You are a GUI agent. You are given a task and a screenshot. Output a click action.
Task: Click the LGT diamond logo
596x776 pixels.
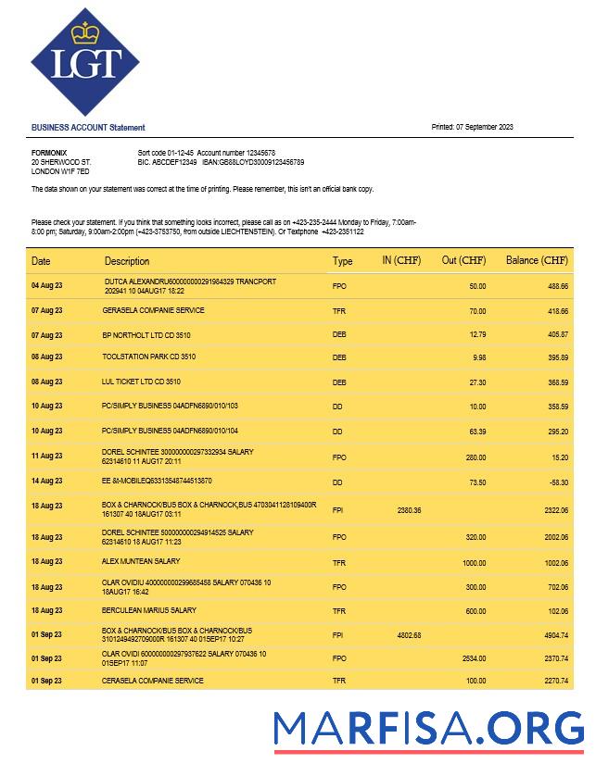click(85, 62)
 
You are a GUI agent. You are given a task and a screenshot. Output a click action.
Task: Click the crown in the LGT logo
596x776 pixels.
click(85, 34)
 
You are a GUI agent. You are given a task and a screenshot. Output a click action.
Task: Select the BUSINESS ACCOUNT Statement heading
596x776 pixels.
click(88, 128)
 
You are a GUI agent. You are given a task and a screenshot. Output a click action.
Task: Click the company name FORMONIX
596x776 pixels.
click(49, 152)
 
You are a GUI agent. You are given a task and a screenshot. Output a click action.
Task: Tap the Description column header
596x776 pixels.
click(127, 261)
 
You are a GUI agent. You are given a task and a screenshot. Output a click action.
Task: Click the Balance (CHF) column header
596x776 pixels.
click(537, 261)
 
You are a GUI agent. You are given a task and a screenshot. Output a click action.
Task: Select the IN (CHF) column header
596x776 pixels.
click(401, 261)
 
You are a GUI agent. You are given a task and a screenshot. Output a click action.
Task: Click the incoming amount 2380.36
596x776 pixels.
click(409, 510)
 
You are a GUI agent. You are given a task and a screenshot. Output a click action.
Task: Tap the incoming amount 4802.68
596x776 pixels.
click(409, 635)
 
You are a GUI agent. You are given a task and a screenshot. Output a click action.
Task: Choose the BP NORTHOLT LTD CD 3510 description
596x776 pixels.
click(146, 334)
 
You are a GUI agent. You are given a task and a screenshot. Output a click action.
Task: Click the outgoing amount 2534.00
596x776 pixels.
click(474, 658)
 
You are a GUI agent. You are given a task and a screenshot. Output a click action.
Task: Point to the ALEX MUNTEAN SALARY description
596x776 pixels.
click(141, 561)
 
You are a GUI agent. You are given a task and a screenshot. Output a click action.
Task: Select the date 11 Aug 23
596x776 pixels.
click(47, 457)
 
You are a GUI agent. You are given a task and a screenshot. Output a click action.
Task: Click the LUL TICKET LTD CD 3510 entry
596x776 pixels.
click(141, 382)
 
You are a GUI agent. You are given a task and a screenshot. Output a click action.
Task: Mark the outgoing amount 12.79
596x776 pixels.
click(477, 334)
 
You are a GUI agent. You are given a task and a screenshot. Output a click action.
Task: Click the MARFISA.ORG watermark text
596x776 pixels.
click(428, 728)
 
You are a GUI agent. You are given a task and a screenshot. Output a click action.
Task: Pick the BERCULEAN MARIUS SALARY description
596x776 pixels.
click(149, 610)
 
